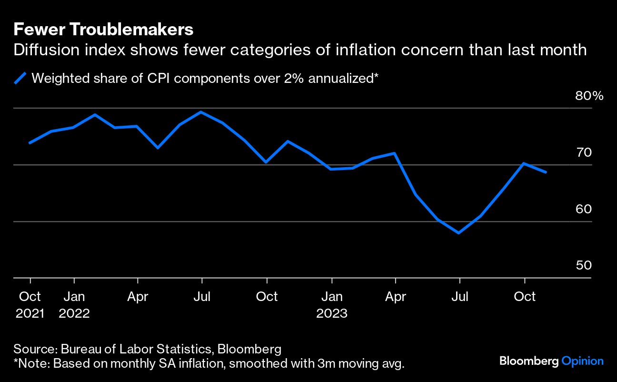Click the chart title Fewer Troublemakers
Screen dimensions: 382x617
pyautogui.click(x=103, y=30)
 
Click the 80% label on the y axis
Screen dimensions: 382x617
pyautogui.click(x=589, y=96)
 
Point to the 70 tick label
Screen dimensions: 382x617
pyautogui.click(x=583, y=152)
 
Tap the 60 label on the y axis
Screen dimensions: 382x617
pyautogui.click(x=583, y=209)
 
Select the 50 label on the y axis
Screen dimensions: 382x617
pyautogui.click(x=583, y=265)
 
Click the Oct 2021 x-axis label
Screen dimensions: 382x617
pyautogui.click(x=30, y=305)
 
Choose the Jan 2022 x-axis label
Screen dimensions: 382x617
pyautogui.click(x=74, y=305)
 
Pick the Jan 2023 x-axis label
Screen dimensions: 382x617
pyautogui.click(x=332, y=305)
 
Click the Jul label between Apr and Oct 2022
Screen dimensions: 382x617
pyautogui.click(x=202, y=297)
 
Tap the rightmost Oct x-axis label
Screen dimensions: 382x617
pyautogui.click(x=525, y=297)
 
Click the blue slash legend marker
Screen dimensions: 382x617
pyautogui.click(x=20, y=78)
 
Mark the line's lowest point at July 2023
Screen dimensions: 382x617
pyautogui.click(x=459, y=233)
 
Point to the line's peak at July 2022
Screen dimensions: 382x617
pyautogui.click(x=201, y=112)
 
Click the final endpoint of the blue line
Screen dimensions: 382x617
pyautogui.click(x=546, y=172)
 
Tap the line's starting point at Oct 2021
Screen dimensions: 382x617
pyautogui.click(x=30, y=143)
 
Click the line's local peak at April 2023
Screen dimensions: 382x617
pyautogui.click(x=395, y=153)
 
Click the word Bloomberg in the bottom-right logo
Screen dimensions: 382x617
pyautogui.click(x=529, y=362)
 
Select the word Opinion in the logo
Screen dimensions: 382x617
pyautogui.click(x=583, y=362)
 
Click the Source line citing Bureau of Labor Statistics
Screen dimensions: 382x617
pyautogui.click(x=148, y=349)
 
